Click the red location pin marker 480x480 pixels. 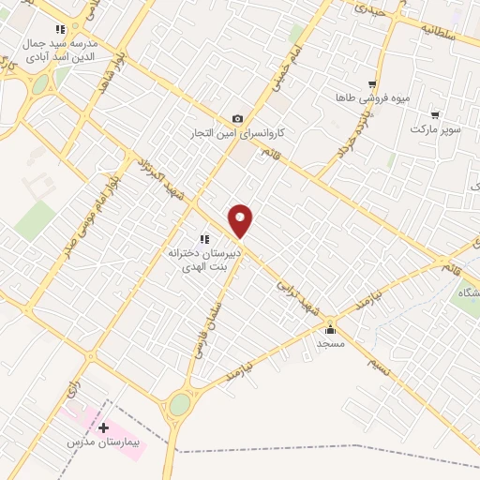point(241,220)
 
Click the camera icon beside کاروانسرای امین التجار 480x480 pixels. point(237,119)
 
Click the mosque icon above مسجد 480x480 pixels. point(330,329)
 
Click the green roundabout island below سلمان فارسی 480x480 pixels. point(179,406)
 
